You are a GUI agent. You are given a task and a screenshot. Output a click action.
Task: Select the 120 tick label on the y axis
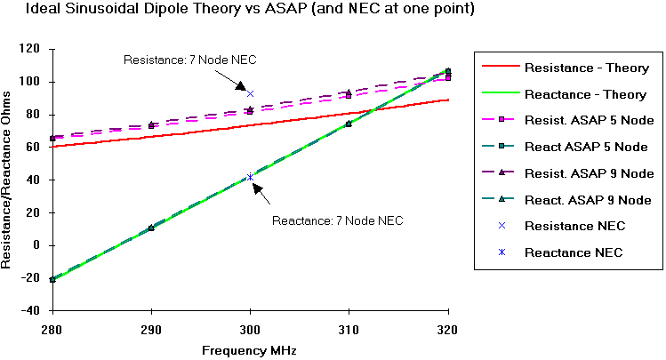click(35, 49)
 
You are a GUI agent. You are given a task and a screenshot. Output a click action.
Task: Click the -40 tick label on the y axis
click(35, 310)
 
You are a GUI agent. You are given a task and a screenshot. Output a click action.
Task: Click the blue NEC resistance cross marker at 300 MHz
click(251, 93)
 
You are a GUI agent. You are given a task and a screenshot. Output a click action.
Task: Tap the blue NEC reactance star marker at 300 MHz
click(250, 177)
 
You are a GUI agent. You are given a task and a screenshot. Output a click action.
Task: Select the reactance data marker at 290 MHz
click(151, 228)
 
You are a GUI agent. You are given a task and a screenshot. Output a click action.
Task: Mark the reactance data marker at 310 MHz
click(349, 124)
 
